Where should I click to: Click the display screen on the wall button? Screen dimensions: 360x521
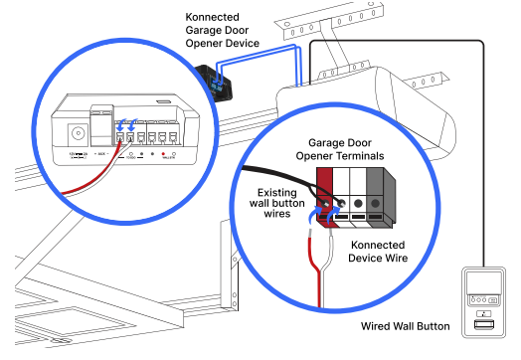click(482, 282)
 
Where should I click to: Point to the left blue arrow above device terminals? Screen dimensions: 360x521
click(121, 127)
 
